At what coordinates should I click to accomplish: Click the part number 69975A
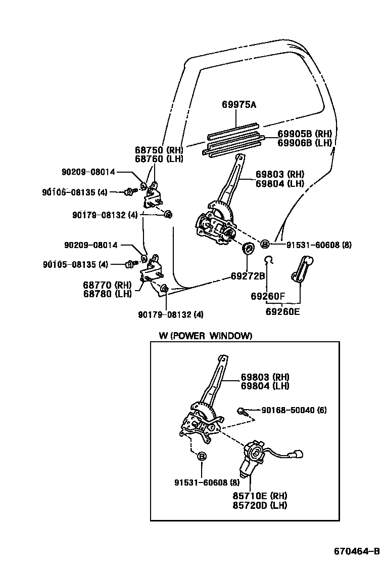(x=239, y=105)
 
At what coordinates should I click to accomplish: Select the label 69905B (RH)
(x=305, y=134)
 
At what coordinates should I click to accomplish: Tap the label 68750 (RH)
(x=159, y=150)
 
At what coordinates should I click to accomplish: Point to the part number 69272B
(x=248, y=276)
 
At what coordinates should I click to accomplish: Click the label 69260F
(x=268, y=296)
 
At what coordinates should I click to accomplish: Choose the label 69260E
(x=282, y=311)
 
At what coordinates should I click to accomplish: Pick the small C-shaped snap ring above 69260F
(x=269, y=260)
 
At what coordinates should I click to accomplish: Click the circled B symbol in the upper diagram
(x=264, y=245)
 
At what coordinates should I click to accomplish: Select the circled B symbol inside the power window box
(x=201, y=456)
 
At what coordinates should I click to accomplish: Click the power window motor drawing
(x=253, y=457)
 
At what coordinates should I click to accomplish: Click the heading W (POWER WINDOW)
(x=205, y=336)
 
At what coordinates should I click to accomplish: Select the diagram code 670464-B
(x=356, y=551)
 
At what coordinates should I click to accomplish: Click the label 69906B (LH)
(x=305, y=143)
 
